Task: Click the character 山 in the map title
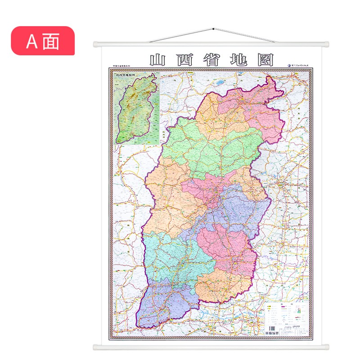pyautogui.click(x=158, y=60)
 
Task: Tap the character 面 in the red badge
pyautogui.click(x=51, y=41)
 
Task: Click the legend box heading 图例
pyautogui.click(x=288, y=305)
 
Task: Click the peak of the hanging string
pyautogui.click(x=211, y=29)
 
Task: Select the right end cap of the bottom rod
pyautogui.click(x=327, y=347)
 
